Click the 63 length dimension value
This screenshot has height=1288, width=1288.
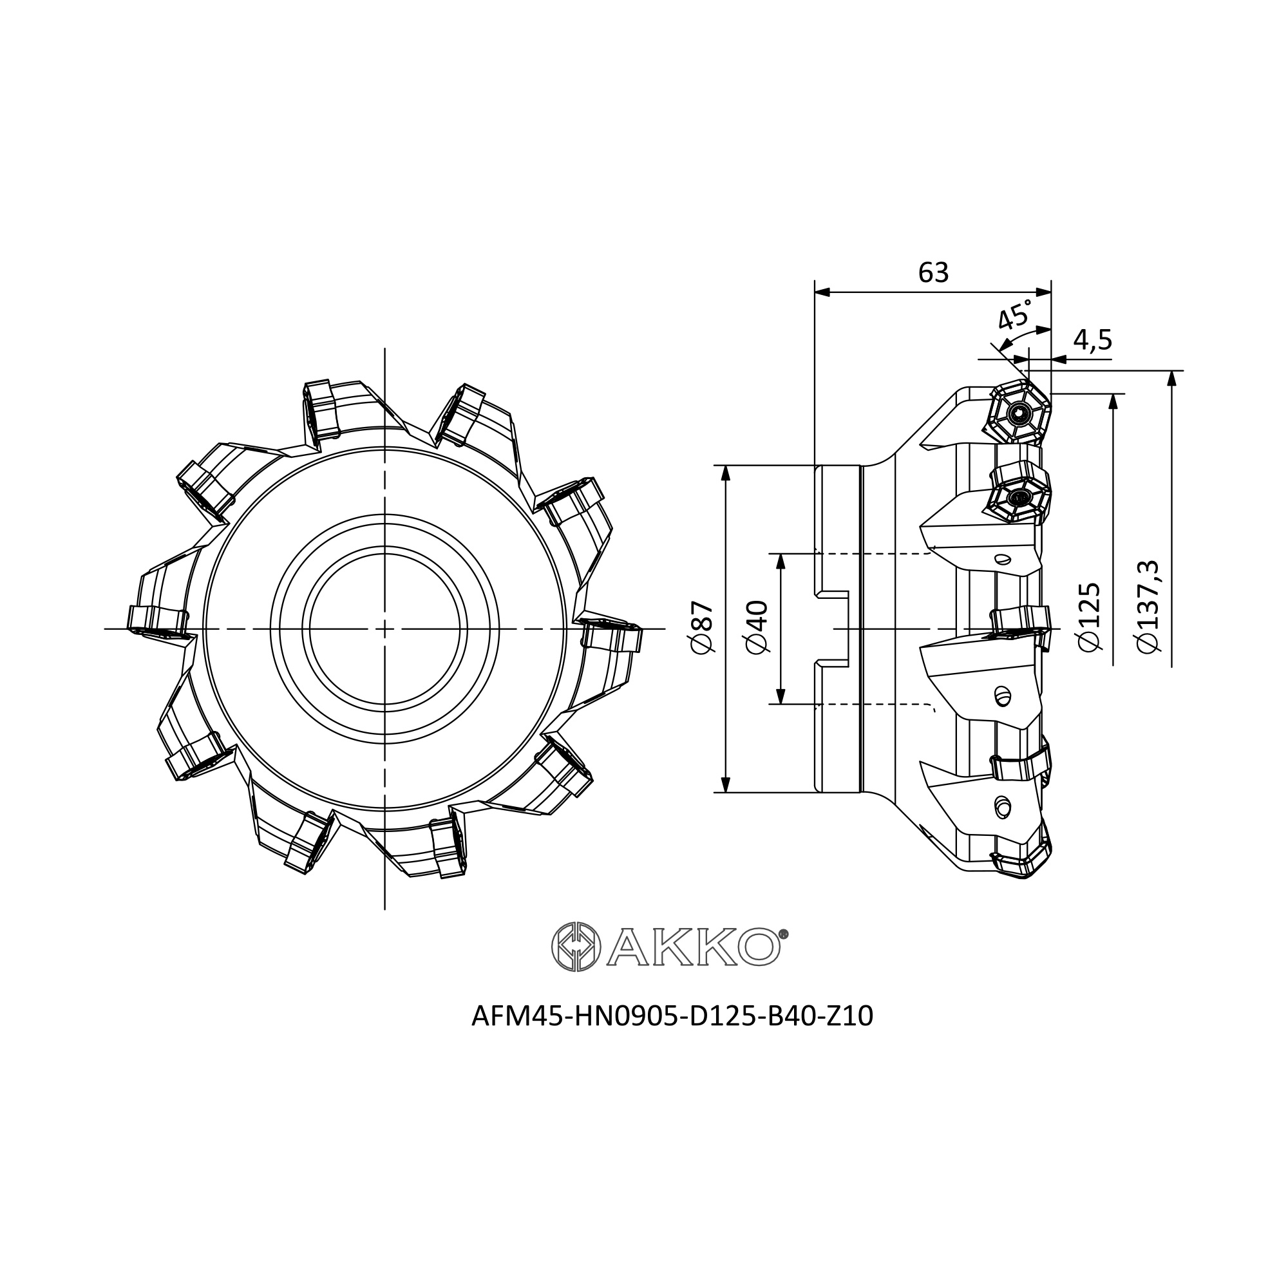click(x=933, y=272)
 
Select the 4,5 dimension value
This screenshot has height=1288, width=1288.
click(x=1093, y=341)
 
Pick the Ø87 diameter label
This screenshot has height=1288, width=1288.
click(x=703, y=627)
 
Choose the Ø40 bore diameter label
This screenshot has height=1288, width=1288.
click(x=758, y=627)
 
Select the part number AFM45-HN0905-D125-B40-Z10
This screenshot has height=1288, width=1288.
click(x=672, y=1016)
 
